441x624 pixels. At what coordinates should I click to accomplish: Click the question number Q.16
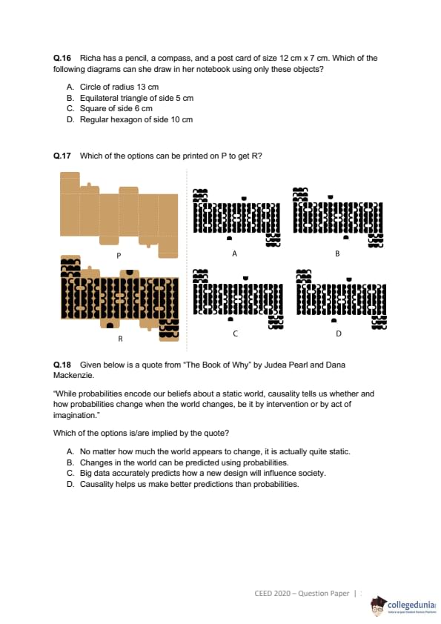click(x=62, y=58)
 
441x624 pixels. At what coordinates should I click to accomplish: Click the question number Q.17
click(x=62, y=156)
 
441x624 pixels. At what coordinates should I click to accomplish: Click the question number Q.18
click(x=62, y=365)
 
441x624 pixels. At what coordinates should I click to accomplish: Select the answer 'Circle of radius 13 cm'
click(x=119, y=87)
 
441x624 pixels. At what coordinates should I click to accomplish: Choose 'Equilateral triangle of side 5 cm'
click(x=136, y=98)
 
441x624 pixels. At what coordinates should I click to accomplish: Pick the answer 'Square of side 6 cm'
click(x=116, y=109)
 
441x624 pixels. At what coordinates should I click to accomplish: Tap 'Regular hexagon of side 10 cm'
click(x=136, y=120)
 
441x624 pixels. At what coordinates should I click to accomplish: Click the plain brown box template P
click(x=119, y=215)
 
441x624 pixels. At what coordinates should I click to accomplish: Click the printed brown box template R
click(x=120, y=298)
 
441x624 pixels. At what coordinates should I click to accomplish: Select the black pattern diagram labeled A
click(x=236, y=217)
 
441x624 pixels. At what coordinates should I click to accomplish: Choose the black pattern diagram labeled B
click(x=337, y=217)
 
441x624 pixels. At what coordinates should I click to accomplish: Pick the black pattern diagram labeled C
click(x=238, y=299)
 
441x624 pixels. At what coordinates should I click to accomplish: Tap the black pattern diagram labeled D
click(x=342, y=299)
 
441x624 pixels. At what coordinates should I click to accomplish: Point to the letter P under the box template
click(x=119, y=256)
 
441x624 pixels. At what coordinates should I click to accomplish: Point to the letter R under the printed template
click(x=120, y=339)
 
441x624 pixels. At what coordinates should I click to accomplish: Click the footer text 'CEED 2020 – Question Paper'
click(x=302, y=594)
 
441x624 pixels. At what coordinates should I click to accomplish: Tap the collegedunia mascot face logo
click(x=378, y=606)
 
